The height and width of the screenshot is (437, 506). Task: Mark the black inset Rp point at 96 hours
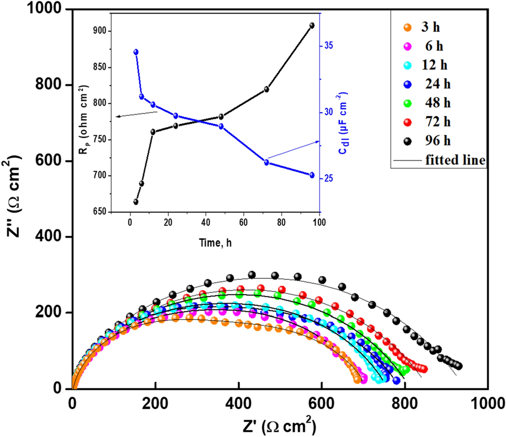click(x=312, y=25)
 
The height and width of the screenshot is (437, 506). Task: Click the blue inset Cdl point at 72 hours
click(x=266, y=162)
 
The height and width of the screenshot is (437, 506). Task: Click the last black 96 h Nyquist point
click(x=459, y=366)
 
